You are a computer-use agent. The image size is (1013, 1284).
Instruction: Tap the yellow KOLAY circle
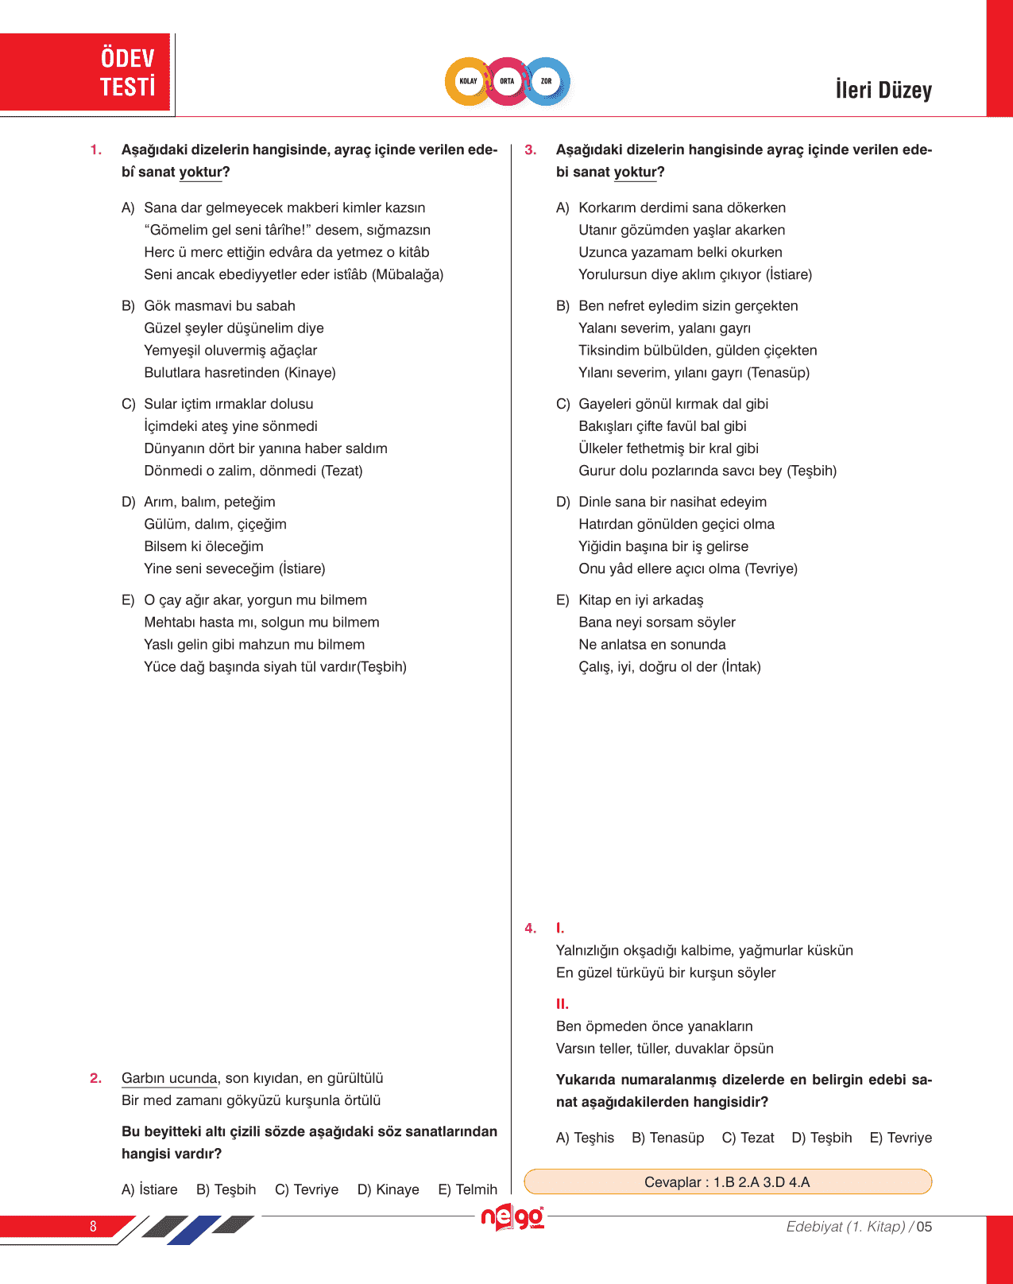tap(468, 81)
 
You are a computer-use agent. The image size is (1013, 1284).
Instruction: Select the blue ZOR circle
tap(547, 81)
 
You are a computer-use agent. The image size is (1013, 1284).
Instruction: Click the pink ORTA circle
tap(507, 81)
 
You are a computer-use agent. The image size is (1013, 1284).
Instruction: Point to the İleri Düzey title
tap(883, 90)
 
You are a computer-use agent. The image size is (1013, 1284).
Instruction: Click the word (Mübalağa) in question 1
tap(408, 274)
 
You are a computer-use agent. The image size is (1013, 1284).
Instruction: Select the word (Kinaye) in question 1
tap(310, 372)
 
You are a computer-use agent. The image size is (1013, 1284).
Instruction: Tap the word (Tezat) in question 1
tap(342, 471)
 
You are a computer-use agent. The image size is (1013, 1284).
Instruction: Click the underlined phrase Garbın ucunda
tap(169, 1078)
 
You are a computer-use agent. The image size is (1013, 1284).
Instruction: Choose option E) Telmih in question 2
tap(467, 1189)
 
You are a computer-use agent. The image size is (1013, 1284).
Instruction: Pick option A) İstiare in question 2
tap(149, 1189)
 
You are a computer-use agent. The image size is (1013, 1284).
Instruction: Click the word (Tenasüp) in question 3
tap(779, 372)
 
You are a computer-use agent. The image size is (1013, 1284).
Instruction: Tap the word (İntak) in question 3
tap(741, 666)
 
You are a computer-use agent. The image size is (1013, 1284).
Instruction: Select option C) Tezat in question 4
tap(748, 1138)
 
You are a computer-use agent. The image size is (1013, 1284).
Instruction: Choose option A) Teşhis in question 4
tap(585, 1138)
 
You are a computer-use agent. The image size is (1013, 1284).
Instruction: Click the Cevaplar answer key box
tap(727, 1181)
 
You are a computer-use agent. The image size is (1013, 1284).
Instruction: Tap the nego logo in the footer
tap(512, 1218)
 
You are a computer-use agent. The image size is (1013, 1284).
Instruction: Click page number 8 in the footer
tap(93, 1226)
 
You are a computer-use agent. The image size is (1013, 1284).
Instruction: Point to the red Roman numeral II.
tap(563, 1004)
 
